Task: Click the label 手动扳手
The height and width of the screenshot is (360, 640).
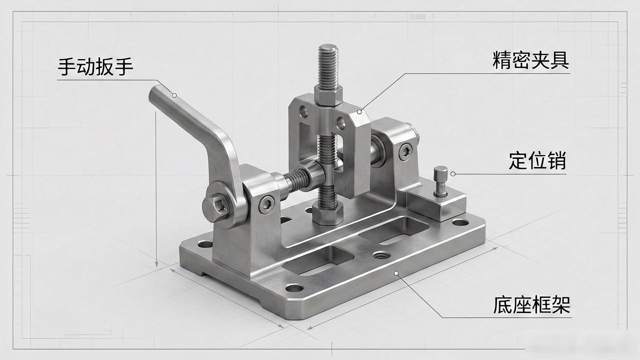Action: tap(95, 66)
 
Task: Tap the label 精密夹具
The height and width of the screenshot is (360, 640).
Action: tap(530, 60)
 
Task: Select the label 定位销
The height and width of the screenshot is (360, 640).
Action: tap(537, 160)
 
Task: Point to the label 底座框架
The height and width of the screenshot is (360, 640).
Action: tap(531, 305)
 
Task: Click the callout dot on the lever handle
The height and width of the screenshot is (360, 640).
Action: tap(174, 95)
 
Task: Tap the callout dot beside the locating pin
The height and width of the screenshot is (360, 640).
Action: tap(453, 173)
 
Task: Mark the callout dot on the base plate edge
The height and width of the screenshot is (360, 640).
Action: tap(396, 273)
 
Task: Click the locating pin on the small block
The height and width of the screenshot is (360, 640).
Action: tap(440, 181)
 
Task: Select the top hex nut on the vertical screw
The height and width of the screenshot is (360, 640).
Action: tap(328, 95)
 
